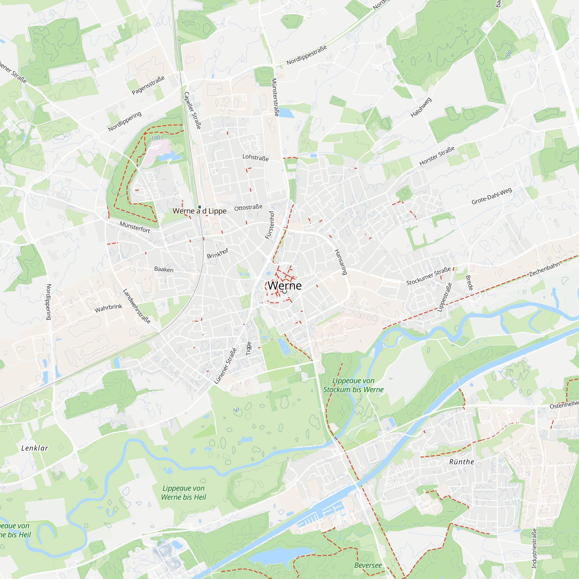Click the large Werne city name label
(284, 286)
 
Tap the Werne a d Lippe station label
(199, 211)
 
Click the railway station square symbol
(199, 207)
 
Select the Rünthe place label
(461, 462)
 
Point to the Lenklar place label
(34, 448)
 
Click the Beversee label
(368, 565)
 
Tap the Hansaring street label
(341, 262)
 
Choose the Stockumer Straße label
(428, 276)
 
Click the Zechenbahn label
(545, 269)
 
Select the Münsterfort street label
(135, 227)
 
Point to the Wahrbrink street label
(108, 308)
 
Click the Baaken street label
(164, 269)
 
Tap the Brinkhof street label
(218, 253)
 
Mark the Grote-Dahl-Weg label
(492, 196)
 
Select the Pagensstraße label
(148, 85)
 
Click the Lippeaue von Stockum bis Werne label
(353, 385)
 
